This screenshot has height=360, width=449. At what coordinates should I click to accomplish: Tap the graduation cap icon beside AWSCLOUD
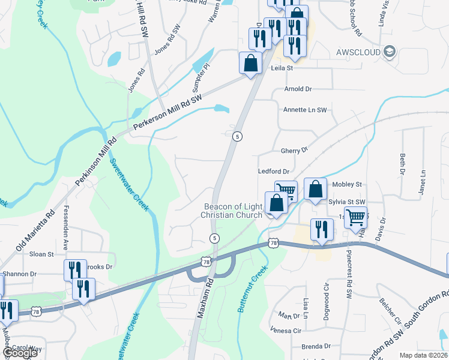pos(390,52)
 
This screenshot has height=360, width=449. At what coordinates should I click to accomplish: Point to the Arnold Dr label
pos(298,89)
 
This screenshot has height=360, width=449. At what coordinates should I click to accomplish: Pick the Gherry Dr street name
pos(294,149)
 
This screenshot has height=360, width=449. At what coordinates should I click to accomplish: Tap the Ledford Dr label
pos(274,172)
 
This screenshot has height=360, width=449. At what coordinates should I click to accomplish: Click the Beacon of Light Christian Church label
pos(232,211)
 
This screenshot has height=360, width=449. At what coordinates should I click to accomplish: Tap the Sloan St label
pos(41,254)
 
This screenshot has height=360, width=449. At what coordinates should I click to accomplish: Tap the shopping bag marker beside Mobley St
pos(315,190)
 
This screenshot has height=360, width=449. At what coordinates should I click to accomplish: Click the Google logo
pos(19,353)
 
